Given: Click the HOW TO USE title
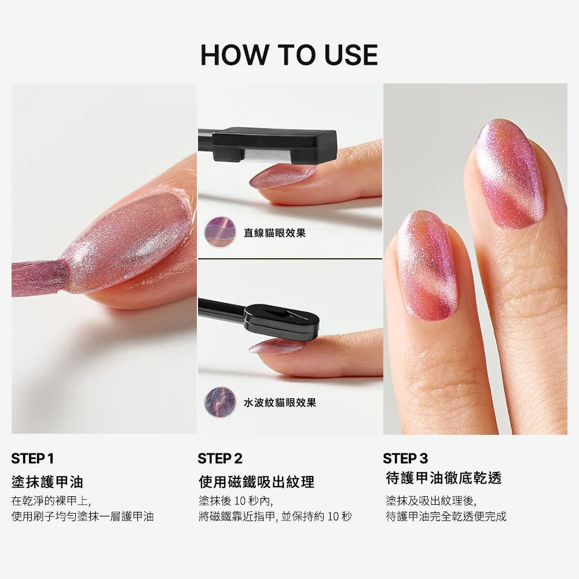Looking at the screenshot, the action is [289, 55].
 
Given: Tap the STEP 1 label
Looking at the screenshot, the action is [32, 459].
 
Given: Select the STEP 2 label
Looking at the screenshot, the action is [220, 459].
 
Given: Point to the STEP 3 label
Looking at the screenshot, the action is [405, 459].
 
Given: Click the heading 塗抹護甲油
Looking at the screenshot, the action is [47, 482].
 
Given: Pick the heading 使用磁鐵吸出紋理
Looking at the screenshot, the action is [256, 482].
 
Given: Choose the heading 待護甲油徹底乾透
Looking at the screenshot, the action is [444, 478].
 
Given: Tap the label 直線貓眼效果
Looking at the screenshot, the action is [274, 233].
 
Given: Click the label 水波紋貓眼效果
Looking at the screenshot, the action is [280, 402].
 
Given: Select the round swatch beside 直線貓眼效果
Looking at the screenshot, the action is [220, 232].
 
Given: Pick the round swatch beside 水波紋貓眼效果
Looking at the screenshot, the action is [220, 402].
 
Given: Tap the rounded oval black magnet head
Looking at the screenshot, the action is [281, 321].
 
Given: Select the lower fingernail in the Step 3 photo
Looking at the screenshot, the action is [427, 266].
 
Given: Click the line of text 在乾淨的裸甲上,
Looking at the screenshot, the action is [51, 501].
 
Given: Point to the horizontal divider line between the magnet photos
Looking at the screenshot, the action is [290, 259].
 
